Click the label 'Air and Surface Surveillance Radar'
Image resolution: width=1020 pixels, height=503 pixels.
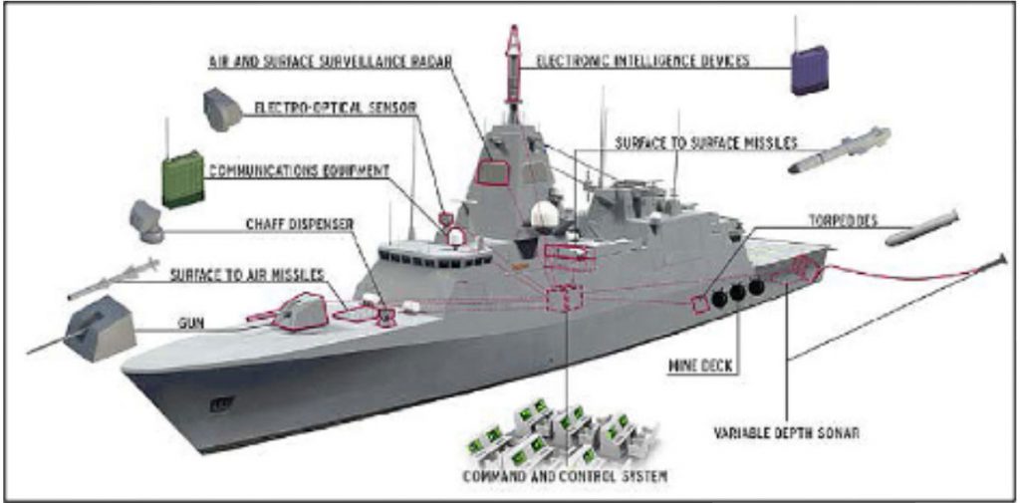(330, 62)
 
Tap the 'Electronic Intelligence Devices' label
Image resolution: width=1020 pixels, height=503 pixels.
(642, 62)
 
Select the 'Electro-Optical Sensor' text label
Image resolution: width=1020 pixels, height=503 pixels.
(334, 107)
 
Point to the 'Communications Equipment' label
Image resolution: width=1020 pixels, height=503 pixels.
(298, 171)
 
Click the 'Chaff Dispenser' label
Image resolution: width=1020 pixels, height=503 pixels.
(299, 225)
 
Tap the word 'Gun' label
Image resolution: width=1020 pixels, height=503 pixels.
(191, 324)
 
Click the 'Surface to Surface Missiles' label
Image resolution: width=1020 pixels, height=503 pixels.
(706, 142)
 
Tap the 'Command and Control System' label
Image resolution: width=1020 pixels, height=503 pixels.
(566, 476)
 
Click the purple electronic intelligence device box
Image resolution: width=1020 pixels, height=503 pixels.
(809, 72)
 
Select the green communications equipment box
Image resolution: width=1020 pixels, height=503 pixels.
(182, 181)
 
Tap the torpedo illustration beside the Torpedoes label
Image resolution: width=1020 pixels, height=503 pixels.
(922, 228)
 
